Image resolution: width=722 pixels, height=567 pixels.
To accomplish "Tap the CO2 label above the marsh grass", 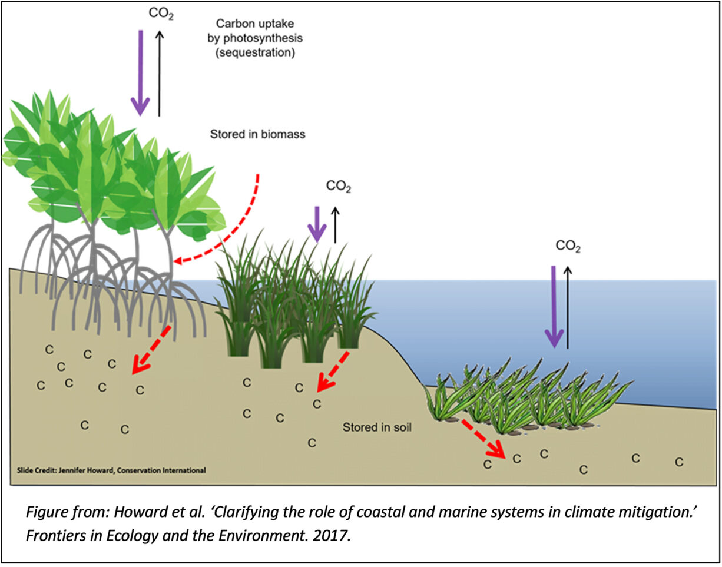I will [x=339, y=187].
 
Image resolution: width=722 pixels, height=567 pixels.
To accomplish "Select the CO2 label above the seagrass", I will [x=568, y=247].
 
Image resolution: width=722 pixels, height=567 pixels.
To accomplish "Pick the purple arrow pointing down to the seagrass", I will [x=553, y=306].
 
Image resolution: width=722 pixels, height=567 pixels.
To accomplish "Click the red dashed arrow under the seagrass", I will [x=483, y=438].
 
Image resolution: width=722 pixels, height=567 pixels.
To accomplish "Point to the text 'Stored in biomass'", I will [x=257, y=134].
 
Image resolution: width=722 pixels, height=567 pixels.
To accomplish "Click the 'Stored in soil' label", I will [x=377, y=427].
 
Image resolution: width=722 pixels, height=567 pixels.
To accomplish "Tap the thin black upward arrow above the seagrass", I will [x=568, y=306].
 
